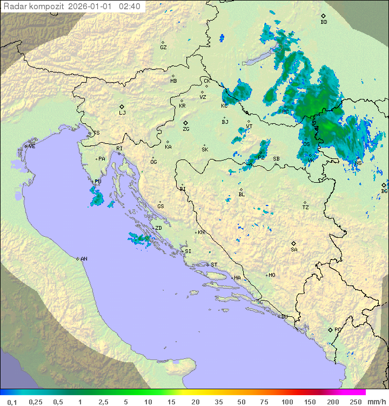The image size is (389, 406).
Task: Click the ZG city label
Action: coord(186,129)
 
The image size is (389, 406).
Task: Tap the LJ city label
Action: coord(122,113)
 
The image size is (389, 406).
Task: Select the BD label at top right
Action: coord(324,22)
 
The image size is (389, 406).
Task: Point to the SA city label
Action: coord(294,250)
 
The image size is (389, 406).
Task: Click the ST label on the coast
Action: coord(214,265)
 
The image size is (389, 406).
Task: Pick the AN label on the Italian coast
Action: coord(84,259)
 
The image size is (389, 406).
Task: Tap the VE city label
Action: coord(32,147)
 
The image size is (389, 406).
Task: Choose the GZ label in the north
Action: coord(163,48)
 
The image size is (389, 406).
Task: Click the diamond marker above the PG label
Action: coord(330,329)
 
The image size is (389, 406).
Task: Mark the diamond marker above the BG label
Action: coord(384,185)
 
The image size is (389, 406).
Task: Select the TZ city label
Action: coord(306,208)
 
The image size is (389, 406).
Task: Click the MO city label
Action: coord(272,275)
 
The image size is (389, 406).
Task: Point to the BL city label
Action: coord(242,195)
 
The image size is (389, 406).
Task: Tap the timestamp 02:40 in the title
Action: coord(130,6)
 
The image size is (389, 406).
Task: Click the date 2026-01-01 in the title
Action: coord(92,6)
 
